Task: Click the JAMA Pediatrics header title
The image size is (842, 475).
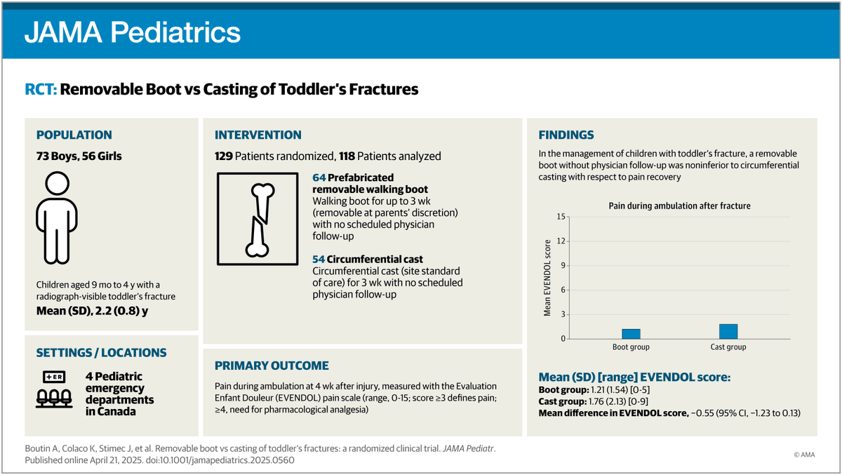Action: pos(133,32)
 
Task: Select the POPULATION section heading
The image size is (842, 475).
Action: pos(74,135)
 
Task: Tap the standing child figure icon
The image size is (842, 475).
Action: pos(55,218)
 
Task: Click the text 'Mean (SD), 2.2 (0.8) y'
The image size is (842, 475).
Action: pos(92,311)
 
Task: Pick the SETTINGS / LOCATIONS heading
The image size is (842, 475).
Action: pos(101,353)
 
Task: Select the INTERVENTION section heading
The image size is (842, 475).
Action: pos(258,135)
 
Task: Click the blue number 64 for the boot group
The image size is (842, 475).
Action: pos(319,178)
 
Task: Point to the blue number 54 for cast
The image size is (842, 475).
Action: pos(319,260)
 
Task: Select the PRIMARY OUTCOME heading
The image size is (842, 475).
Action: pos(271,366)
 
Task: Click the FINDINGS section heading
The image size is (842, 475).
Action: pos(566,135)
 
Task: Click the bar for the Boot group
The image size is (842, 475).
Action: pos(631,334)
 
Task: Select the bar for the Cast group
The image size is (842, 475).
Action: pos(728,331)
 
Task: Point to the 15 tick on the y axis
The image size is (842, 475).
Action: pos(560,216)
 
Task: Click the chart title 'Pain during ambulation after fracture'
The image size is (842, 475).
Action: pos(679,206)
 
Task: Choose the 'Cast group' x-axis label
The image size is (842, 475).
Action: pos(728,347)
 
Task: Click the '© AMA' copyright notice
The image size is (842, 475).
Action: pos(806,455)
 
